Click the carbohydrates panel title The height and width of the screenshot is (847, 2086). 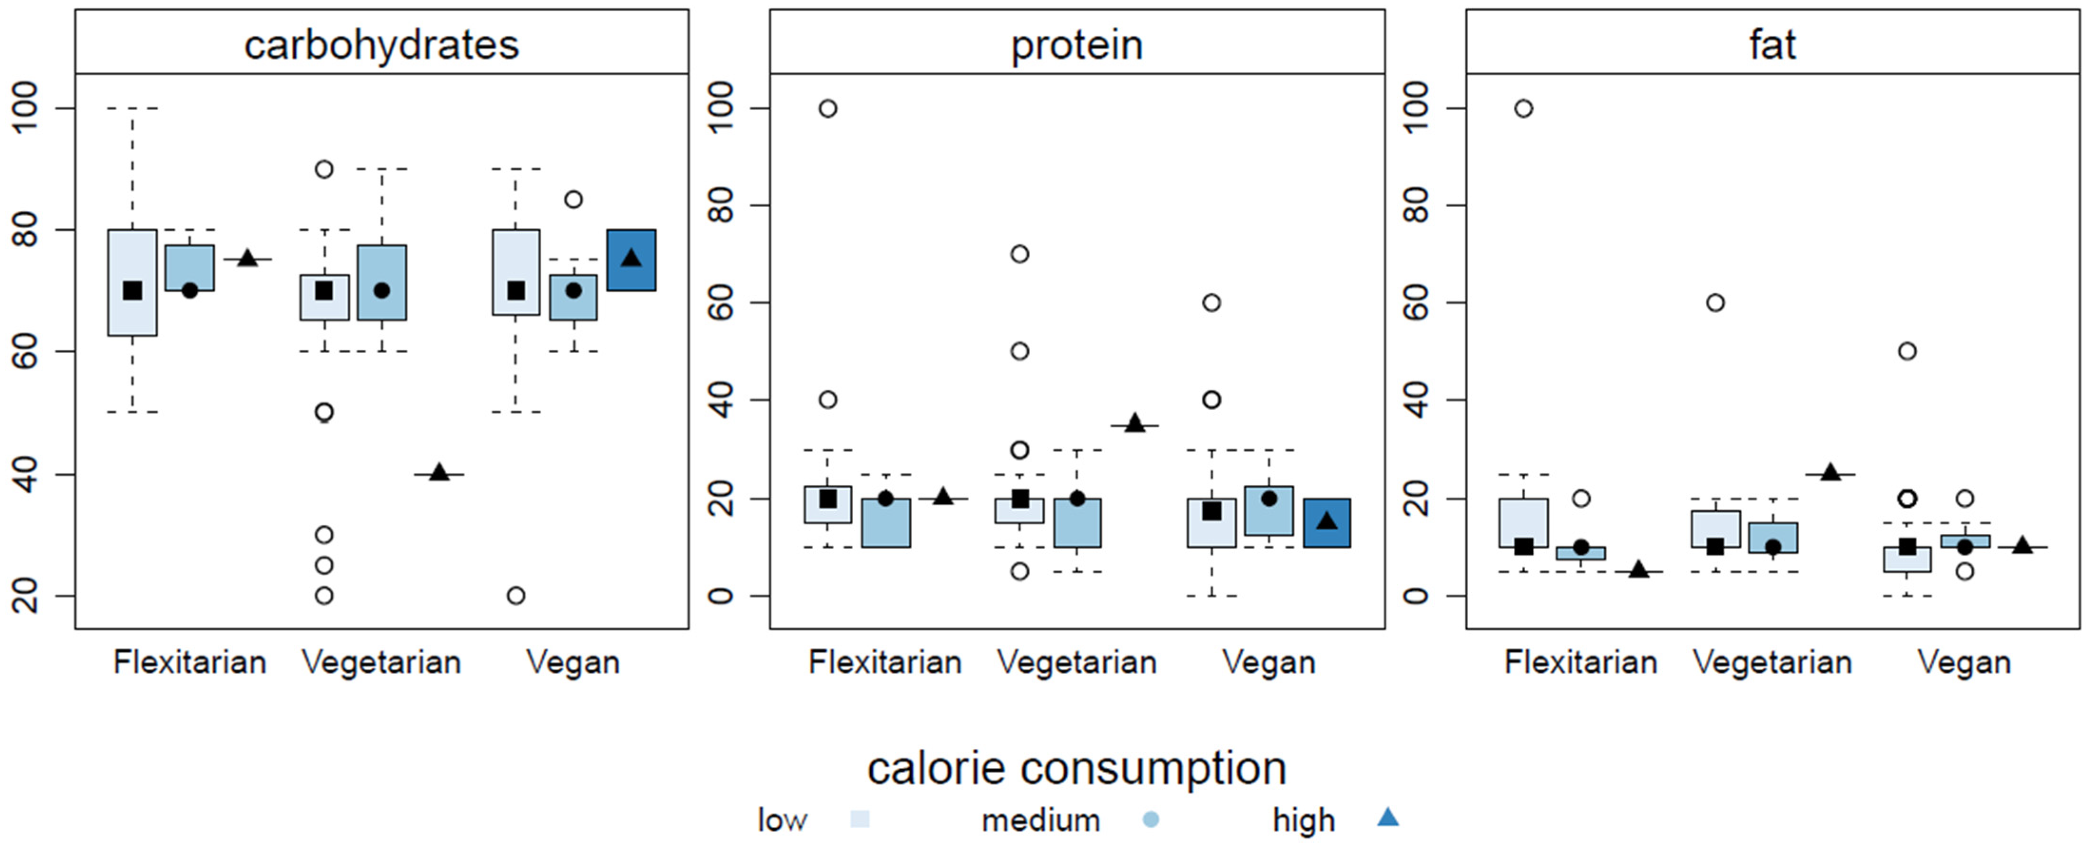[381, 45]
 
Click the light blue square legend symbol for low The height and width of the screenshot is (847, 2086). [860, 819]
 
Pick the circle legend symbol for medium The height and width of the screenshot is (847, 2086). [1150, 819]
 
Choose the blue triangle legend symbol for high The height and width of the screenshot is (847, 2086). [1387, 818]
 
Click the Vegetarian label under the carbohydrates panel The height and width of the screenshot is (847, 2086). [381, 663]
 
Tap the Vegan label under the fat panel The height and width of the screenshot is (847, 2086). [1964, 663]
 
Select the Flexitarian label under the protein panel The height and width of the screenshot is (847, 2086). [884, 663]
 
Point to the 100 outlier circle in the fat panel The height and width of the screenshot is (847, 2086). [1523, 108]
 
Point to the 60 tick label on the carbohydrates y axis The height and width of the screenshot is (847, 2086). [26, 351]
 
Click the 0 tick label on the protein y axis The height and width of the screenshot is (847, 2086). [721, 596]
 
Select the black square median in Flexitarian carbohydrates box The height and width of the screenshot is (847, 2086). [132, 291]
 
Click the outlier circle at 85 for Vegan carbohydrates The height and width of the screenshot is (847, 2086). [573, 199]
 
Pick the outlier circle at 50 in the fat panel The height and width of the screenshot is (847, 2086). [1907, 351]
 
